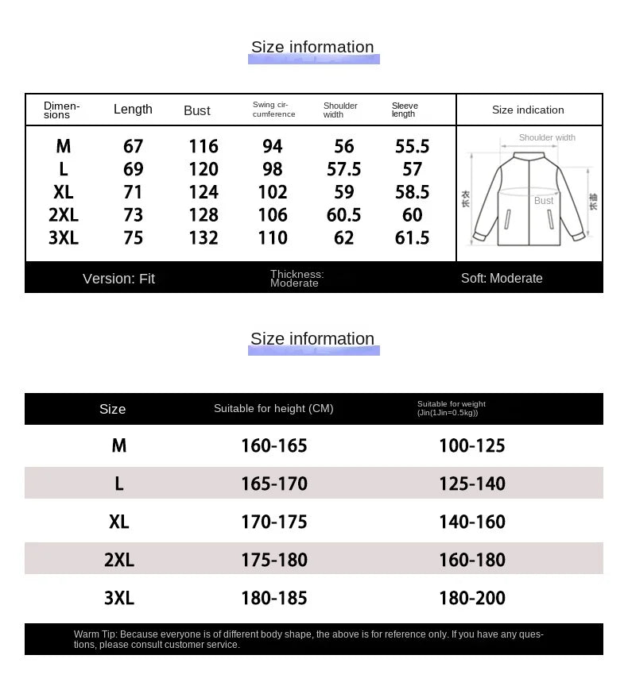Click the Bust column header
[196, 111]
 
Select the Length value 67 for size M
[133, 146]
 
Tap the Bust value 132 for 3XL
[204, 237]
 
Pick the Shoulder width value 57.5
[343, 169]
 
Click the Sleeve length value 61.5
[412, 237]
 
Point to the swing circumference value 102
[273, 192]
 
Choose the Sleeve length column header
[405, 110]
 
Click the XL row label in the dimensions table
[64, 192]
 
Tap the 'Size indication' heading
[528, 110]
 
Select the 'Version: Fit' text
[118, 279]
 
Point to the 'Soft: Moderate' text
[502, 279]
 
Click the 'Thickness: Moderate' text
[297, 279]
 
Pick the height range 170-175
[273, 522]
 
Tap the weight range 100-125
[471, 446]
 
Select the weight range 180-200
[471, 598]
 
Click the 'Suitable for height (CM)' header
[273, 409]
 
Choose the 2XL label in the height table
[119, 560]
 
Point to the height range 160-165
[273, 446]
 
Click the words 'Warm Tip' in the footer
[95, 634]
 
